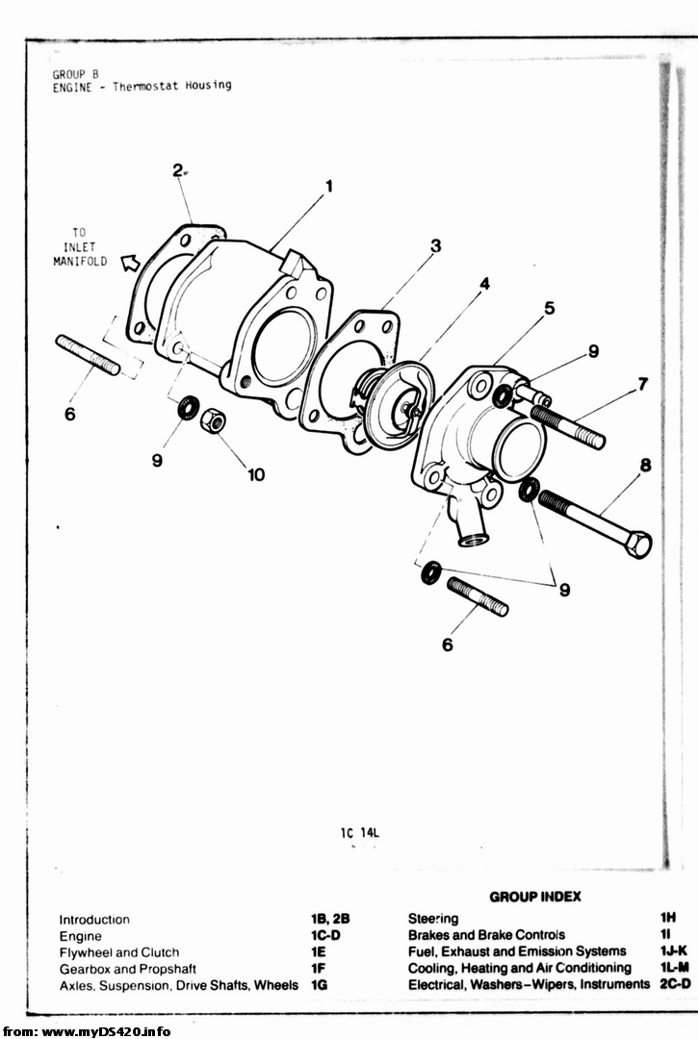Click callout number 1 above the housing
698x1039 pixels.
point(329,187)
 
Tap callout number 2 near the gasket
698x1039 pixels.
point(177,170)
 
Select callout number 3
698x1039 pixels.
point(435,246)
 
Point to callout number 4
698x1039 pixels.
point(484,284)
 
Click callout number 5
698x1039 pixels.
point(550,308)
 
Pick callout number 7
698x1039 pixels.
point(643,384)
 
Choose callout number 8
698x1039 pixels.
point(645,466)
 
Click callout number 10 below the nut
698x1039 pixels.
point(256,474)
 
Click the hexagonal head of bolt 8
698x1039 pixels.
point(637,544)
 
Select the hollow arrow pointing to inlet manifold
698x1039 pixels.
point(131,263)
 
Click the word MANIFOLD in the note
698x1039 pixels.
point(80,261)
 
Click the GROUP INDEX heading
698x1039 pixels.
point(535,897)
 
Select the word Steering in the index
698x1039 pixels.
point(433,919)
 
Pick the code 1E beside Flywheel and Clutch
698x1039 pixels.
point(318,952)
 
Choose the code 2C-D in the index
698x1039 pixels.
point(675,984)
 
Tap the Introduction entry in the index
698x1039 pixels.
point(94,920)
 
